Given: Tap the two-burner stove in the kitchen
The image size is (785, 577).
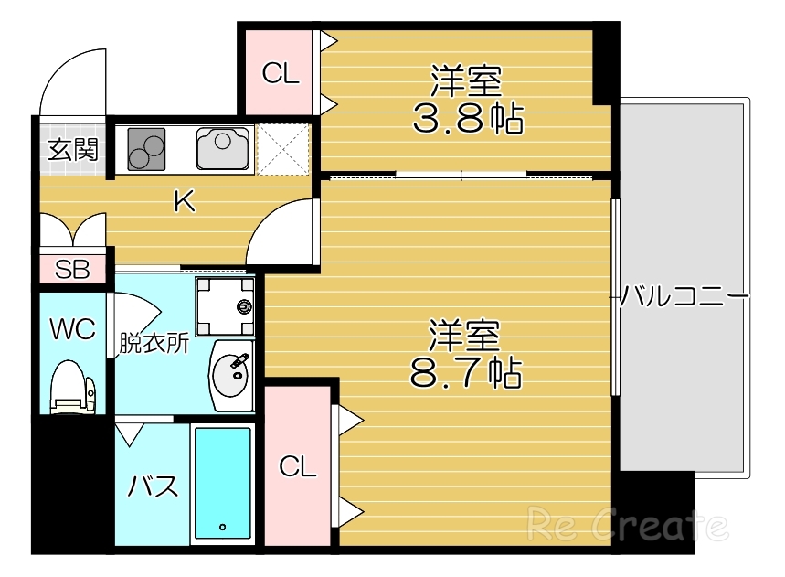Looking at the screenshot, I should tap(142, 148).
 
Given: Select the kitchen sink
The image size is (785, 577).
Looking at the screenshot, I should tap(223, 148).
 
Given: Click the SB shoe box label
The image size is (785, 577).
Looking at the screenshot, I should tap(71, 269).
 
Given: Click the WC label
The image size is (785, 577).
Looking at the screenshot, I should tap(72, 329).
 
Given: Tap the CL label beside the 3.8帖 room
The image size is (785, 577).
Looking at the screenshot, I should tap(281, 74).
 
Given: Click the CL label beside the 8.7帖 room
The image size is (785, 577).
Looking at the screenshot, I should tap(297, 468).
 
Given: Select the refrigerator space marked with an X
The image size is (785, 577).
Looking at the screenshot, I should tap(284, 148).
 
